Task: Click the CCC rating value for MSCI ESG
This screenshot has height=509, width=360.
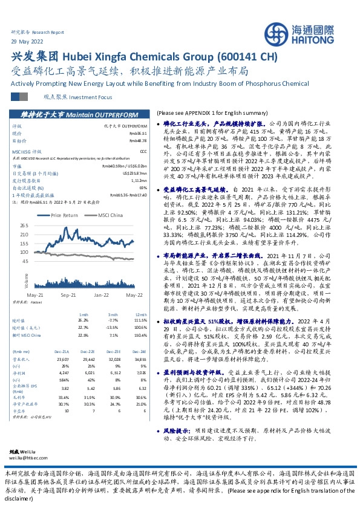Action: pos(143,151)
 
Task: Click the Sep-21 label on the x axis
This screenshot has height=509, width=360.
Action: pos(68,294)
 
